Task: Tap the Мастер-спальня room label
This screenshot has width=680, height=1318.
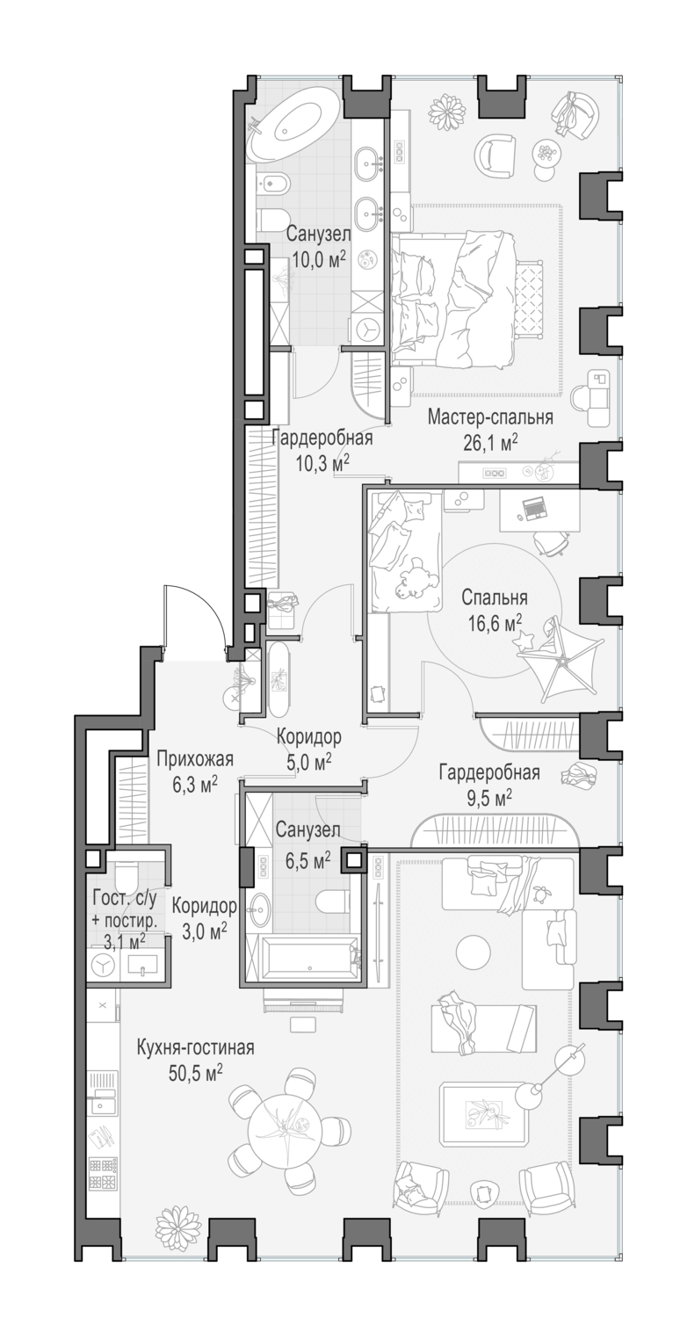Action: (490, 417)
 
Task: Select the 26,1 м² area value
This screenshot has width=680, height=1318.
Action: (490, 443)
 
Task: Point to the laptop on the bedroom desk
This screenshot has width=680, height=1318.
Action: (533, 508)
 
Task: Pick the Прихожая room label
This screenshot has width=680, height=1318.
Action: (195, 760)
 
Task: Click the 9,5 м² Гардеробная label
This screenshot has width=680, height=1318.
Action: (489, 785)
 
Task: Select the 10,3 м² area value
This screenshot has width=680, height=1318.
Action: (322, 464)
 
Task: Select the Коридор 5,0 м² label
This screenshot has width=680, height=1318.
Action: (308, 749)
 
